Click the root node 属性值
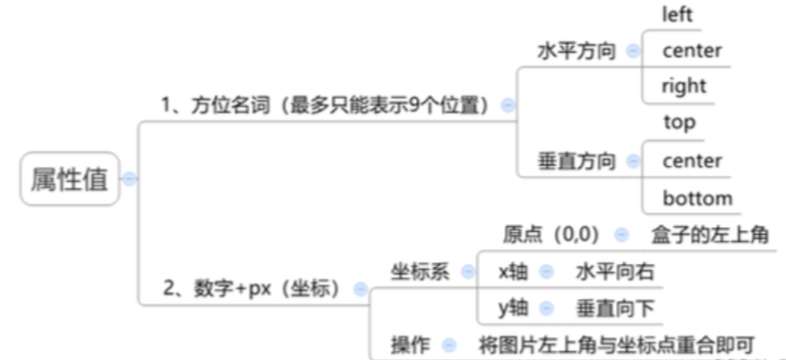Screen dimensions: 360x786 pyautogui.click(x=69, y=179)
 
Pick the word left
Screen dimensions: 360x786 pyautogui.click(x=678, y=15)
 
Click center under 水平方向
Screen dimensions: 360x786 pyautogui.click(x=692, y=50)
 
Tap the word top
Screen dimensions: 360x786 pyautogui.click(x=679, y=123)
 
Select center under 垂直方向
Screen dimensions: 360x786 pyautogui.click(x=692, y=160)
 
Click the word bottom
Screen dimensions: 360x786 pyautogui.click(x=697, y=199)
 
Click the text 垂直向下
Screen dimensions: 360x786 pyautogui.click(x=615, y=308)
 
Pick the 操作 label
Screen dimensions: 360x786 pyautogui.click(x=410, y=344)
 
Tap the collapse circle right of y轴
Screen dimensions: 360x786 pyautogui.click(x=546, y=308)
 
